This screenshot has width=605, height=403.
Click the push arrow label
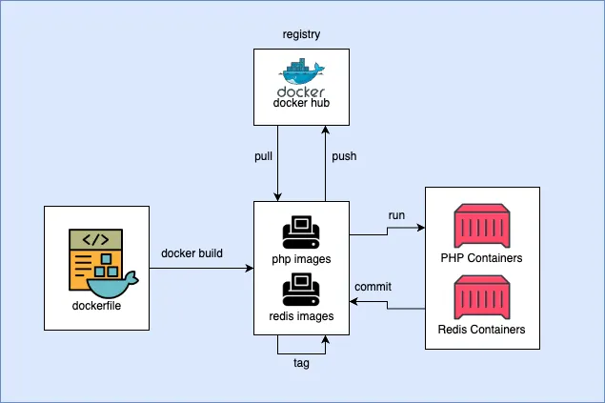[344, 155]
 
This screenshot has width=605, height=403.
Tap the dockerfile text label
[99, 306]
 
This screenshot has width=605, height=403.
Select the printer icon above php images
[301, 231]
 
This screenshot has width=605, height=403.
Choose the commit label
[373, 287]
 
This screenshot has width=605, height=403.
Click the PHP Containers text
[481, 257]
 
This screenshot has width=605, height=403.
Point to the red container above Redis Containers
[481, 297]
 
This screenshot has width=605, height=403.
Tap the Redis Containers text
[481, 330]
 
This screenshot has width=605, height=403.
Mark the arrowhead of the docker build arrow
[249, 268]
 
